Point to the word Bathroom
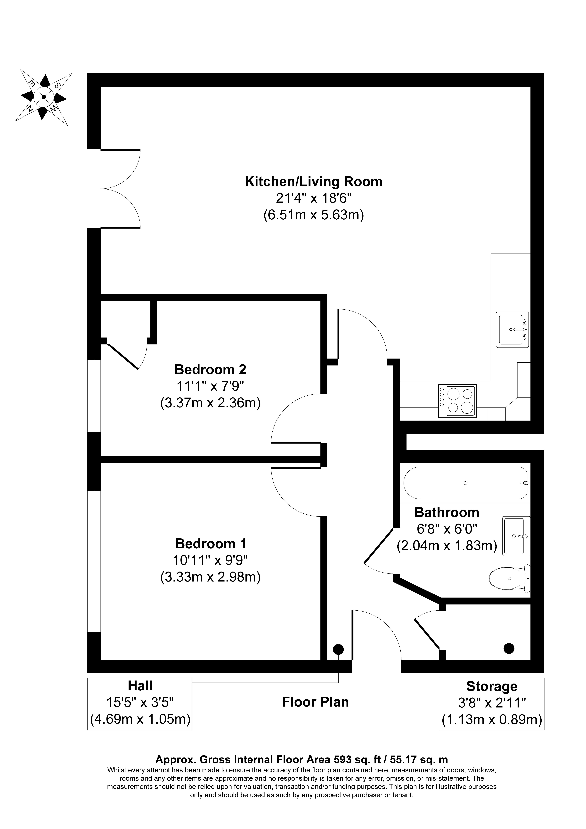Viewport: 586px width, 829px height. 447,512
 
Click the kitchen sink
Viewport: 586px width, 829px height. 512,330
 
